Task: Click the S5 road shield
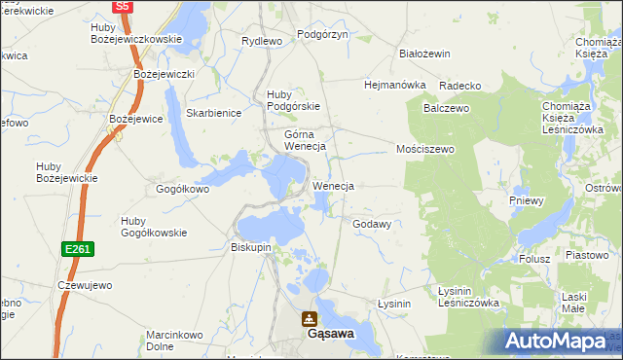coord(122,6)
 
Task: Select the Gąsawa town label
coord(330,333)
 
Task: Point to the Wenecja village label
coord(332,185)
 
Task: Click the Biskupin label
coord(251,247)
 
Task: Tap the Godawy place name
coord(372,224)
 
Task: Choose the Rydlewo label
coord(262,41)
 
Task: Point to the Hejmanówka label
coord(395,85)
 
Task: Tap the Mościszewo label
coord(425,150)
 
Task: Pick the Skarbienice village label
coord(213,113)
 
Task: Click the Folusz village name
coord(534,259)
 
